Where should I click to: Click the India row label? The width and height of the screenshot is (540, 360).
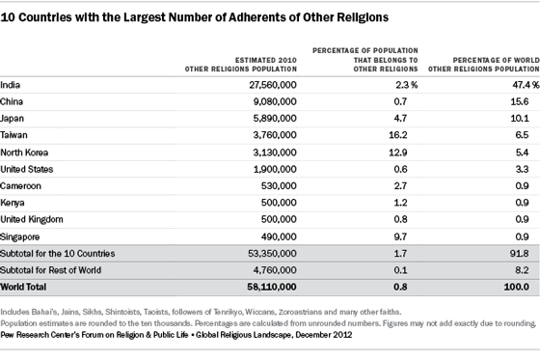pyautogui.click(x=11, y=85)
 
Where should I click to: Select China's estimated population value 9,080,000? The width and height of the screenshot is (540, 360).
pyautogui.click(x=275, y=101)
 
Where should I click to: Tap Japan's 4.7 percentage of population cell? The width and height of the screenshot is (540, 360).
pyautogui.click(x=400, y=119)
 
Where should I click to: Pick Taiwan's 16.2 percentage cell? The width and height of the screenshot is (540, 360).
pyautogui.click(x=398, y=135)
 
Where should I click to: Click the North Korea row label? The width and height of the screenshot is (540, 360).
pyautogui.click(x=24, y=152)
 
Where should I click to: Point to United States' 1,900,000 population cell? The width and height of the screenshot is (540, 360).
pyautogui.click(x=275, y=169)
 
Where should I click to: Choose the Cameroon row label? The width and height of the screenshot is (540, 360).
pyautogui.click(x=20, y=186)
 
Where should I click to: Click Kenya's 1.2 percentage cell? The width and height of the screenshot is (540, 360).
pyautogui.click(x=400, y=203)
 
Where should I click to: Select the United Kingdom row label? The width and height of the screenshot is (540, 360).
pyautogui.click(x=32, y=219)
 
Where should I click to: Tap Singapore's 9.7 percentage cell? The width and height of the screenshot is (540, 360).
pyautogui.click(x=400, y=236)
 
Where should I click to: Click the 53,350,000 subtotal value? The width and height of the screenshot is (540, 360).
pyautogui.click(x=272, y=254)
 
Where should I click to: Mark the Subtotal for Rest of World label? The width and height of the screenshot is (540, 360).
pyautogui.click(x=50, y=270)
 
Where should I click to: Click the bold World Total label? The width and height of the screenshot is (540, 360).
pyautogui.click(x=23, y=287)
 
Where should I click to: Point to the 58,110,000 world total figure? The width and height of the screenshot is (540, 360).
pyautogui.click(x=272, y=287)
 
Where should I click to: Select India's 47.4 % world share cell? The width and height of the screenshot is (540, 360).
pyautogui.click(x=526, y=85)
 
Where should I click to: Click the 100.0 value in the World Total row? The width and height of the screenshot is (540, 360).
pyautogui.click(x=517, y=287)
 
